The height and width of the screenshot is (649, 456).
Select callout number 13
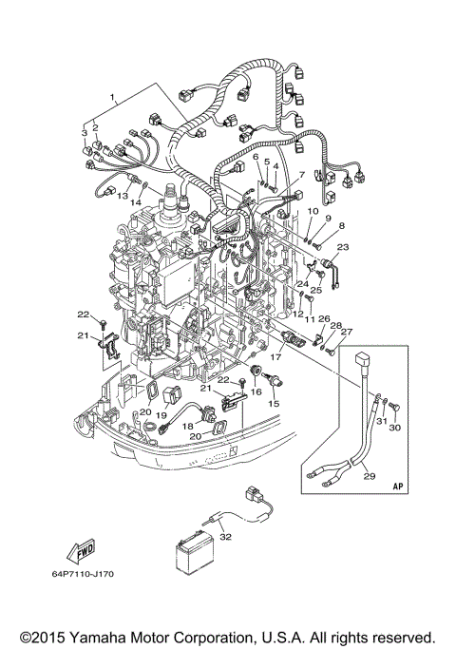[123, 196]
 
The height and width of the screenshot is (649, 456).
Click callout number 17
[277, 358]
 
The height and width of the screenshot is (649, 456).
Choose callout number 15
[275, 404]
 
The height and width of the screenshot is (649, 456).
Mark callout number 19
[161, 414]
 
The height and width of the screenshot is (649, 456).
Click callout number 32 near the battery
[225, 537]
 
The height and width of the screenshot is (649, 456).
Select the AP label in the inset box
[397, 486]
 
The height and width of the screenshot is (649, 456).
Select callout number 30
[396, 428]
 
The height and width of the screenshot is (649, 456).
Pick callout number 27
[346, 332]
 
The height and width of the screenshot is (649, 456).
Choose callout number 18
[188, 427]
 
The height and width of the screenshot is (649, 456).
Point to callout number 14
[137, 202]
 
